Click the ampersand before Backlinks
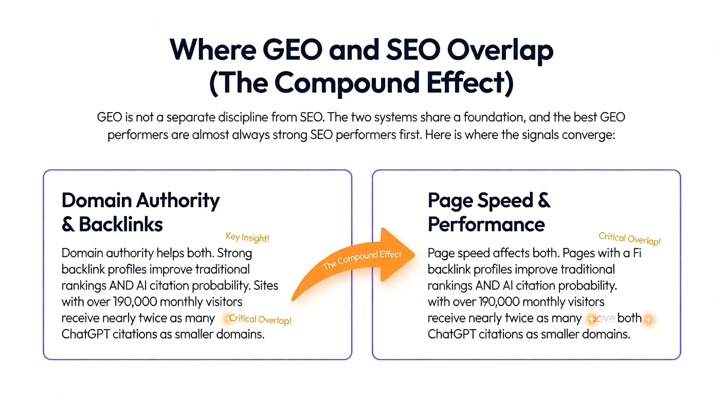[68, 224]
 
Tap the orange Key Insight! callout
[247, 237]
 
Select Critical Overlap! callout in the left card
[260, 319]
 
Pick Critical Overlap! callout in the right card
[629, 239]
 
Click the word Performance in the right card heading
[486, 224]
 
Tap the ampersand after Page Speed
[544, 201]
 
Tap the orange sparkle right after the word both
[648, 319]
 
